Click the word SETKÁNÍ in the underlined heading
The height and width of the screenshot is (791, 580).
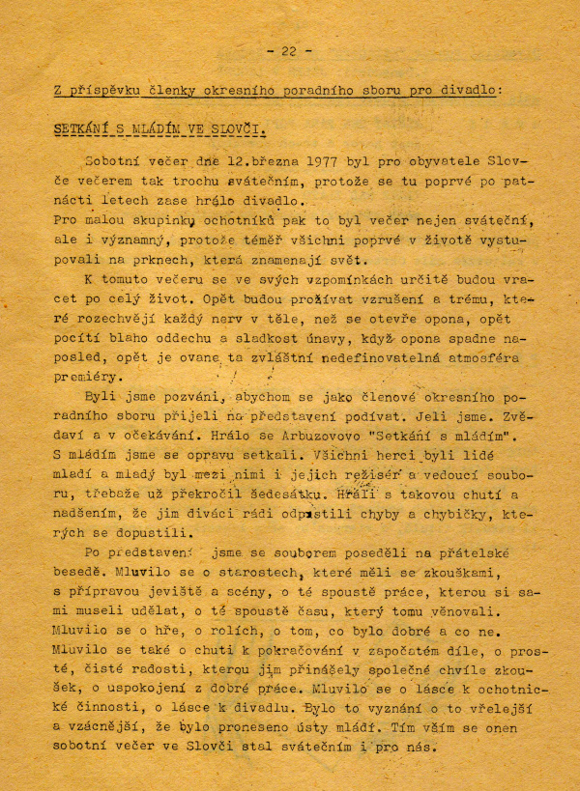pos(89,127)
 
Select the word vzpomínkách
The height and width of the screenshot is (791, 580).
pos(315,279)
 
